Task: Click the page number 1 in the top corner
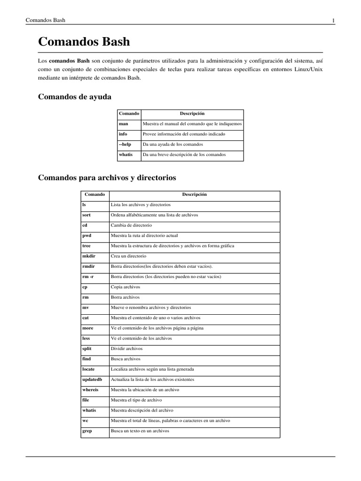click(333, 21)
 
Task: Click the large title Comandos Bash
click(84, 42)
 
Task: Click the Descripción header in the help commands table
click(192, 114)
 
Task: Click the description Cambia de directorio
click(131, 225)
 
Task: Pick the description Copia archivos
click(125, 287)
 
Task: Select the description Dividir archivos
click(126, 349)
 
